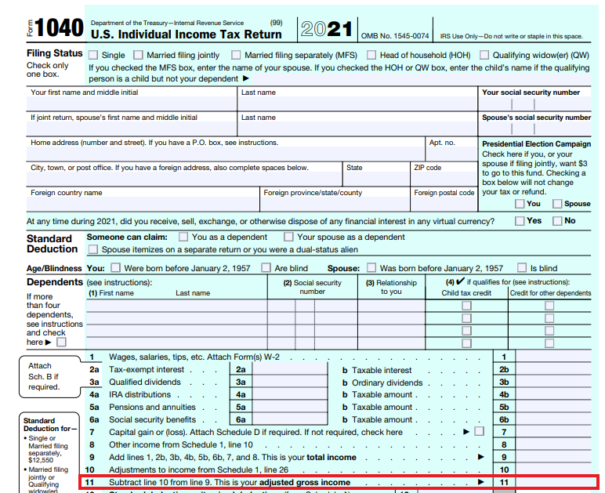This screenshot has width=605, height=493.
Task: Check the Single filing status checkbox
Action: pos(93,55)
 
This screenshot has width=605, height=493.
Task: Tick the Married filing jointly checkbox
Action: pos(139,55)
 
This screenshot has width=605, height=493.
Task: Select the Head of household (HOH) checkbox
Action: pos(371,55)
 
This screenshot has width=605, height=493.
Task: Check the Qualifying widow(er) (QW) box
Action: pos(485,55)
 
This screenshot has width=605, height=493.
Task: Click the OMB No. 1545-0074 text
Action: pos(395,36)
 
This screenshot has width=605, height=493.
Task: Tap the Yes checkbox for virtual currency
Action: pos(520,221)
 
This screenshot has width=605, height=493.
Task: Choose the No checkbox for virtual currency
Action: pos(557,221)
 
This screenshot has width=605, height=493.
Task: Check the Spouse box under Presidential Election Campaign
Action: pos(557,204)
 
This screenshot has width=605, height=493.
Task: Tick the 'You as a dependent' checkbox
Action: pos(183,237)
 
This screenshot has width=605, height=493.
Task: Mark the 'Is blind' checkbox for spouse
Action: pos(521,268)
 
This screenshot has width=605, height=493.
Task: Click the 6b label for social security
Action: pos(504,420)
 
